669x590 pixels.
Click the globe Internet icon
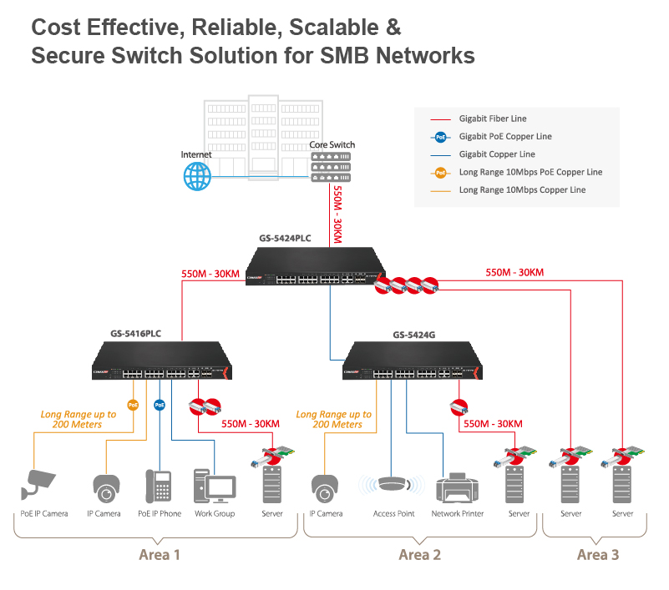pyautogui.click(x=197, y=175)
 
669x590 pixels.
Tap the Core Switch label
pyautogui.click(x=332, y=144)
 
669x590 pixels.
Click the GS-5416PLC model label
pyautogui.click(x=135, y=333)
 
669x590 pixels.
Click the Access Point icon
pyautogui.click(x=393, y=485)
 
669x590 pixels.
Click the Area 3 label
pyautogui.click(x=598, y=555)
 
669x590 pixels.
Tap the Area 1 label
pyautogui.click(x=159, y=555)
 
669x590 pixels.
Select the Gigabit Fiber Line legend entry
pyautogui.click(x=493, y=119)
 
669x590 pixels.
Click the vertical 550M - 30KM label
pyautogui.click(x=337, y=214)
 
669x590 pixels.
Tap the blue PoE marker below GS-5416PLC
pyautogui.click(x=160, y=405)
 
